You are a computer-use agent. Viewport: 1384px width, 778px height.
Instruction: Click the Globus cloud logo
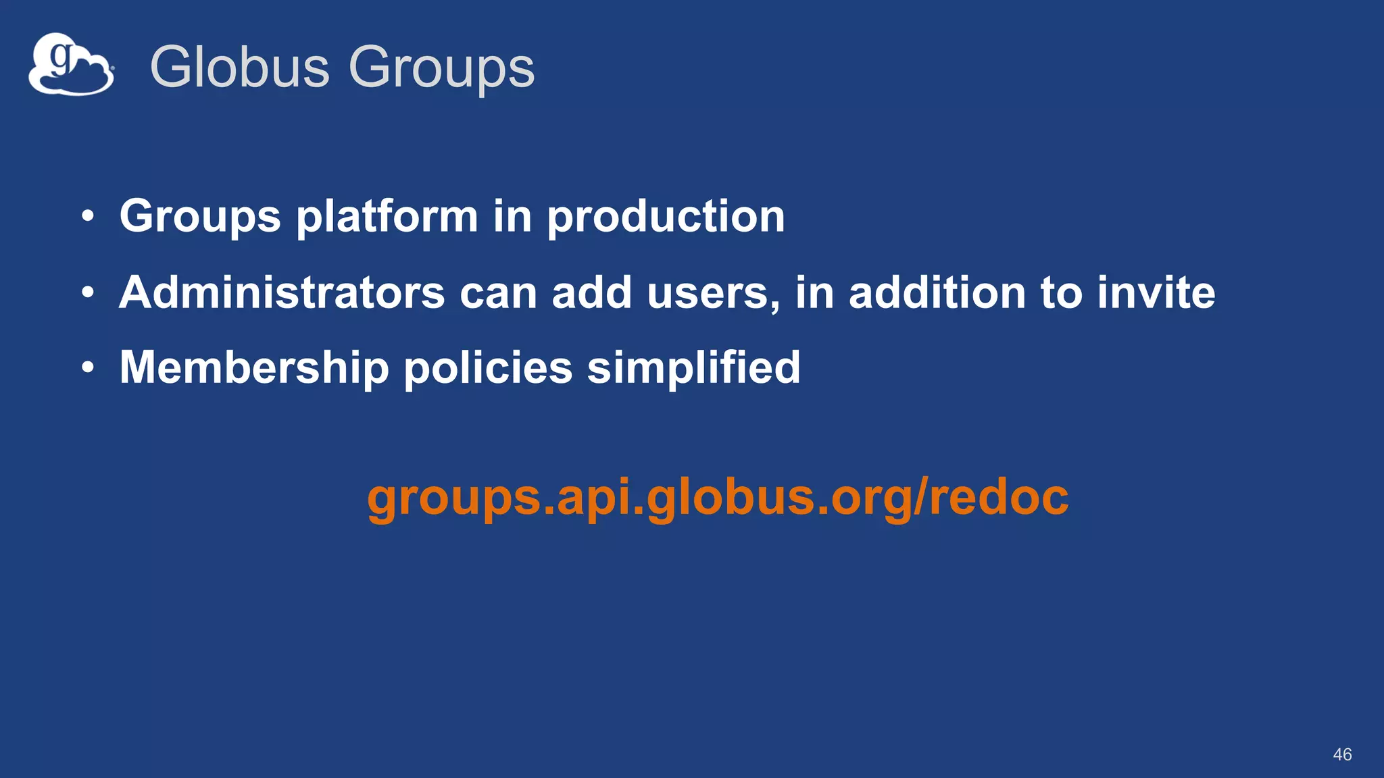(71, 65)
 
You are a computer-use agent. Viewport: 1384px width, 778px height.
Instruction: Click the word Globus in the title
(239, 67)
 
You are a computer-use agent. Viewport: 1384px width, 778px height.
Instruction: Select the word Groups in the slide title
(441, 68)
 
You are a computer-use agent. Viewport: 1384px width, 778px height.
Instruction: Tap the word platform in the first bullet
(387, 217)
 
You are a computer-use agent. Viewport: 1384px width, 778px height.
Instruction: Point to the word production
(666, 217)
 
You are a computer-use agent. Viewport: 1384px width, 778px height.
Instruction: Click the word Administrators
(282, 292)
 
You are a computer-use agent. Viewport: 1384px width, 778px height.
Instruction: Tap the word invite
(1156, 292)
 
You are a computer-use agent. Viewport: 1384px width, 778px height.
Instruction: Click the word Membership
(254, 368)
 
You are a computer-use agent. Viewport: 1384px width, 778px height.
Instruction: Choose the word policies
(488, 368)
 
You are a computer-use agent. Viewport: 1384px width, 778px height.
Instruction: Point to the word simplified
(693, 368)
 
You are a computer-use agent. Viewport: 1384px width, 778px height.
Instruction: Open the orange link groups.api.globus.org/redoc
(718, 498)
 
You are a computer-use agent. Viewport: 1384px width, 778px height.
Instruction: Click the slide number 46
(1342, 754)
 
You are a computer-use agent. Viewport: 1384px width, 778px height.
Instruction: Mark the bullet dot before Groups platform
(87, 217)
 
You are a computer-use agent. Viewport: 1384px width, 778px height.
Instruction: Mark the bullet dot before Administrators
(87, 293)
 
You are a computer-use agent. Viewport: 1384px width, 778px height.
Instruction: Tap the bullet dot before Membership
(87, 369)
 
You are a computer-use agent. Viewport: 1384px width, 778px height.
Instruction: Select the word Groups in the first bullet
(200, 217)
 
